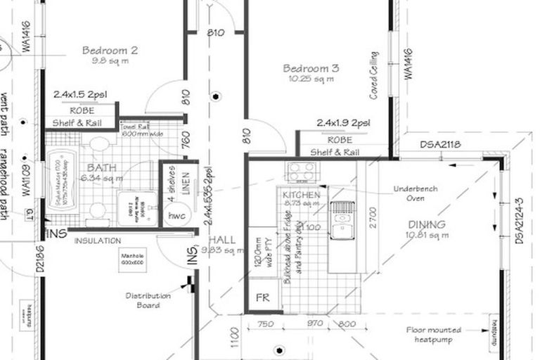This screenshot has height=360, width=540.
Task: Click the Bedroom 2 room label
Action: coord(109,50)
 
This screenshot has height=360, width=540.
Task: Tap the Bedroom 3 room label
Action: coord(311,68)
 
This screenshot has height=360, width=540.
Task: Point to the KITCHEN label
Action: coord(302,194)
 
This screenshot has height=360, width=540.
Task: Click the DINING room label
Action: coord(427,225)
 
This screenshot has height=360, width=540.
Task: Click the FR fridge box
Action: coord(263,297)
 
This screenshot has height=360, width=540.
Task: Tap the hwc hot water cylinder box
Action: coord(176,216)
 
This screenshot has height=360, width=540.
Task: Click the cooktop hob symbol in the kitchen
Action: coord(303,171)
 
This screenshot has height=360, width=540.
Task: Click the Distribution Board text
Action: coord(148,300)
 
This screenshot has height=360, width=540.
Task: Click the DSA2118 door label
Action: coord(440,145)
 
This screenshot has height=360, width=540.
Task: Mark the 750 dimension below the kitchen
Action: coord(266,323)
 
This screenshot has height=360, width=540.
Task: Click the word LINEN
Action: coord(186,184)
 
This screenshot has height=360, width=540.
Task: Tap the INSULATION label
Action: coord(98,240)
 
